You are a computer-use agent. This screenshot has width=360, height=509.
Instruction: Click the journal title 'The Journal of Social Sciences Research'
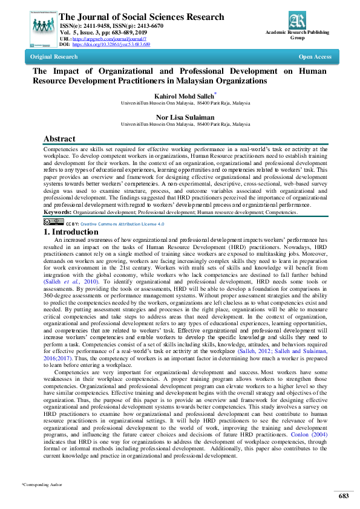click(x=142, y=17)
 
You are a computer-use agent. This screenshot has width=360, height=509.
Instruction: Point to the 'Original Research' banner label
click(x=54, y=57)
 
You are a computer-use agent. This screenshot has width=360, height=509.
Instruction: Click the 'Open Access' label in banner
click(x=315, y=57)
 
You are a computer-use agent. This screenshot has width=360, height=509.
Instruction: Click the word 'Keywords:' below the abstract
click(x=57, y=212)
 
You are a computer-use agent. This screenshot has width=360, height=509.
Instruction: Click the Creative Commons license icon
click(x=53, y=222)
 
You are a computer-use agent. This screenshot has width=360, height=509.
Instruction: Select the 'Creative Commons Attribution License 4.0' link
click(x=122, y=224)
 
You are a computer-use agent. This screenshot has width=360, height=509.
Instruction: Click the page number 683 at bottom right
click(x=344, y=496)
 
